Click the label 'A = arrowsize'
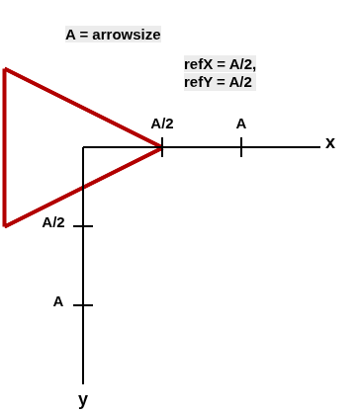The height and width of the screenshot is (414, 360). [113, 35]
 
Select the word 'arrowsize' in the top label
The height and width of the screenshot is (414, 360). [127, 35]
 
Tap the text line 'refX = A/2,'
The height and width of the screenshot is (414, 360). [220, 64]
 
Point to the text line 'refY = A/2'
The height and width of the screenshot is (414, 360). [218, 82]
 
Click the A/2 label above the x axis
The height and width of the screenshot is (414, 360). [162, 124]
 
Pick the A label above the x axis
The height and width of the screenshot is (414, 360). [241, 124]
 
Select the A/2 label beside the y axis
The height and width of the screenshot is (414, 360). [53, 222]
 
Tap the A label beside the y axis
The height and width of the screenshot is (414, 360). [58, 301]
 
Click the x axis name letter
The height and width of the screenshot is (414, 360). [330, 142]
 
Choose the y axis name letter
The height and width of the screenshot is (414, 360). [83, 399]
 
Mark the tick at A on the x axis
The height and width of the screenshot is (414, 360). [241, 147]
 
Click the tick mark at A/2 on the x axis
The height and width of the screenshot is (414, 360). [162, 147]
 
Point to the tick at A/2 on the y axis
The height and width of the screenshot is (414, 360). [83, 226]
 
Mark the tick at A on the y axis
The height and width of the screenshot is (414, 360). [83, 305]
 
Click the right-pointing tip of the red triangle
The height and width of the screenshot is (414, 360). [161, 147]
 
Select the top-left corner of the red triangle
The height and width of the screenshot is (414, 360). [5, 69]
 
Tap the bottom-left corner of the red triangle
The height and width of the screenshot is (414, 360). [5, 226]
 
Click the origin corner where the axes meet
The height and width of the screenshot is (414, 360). [83, 147]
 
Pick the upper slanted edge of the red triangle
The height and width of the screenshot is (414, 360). [83, 108]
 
